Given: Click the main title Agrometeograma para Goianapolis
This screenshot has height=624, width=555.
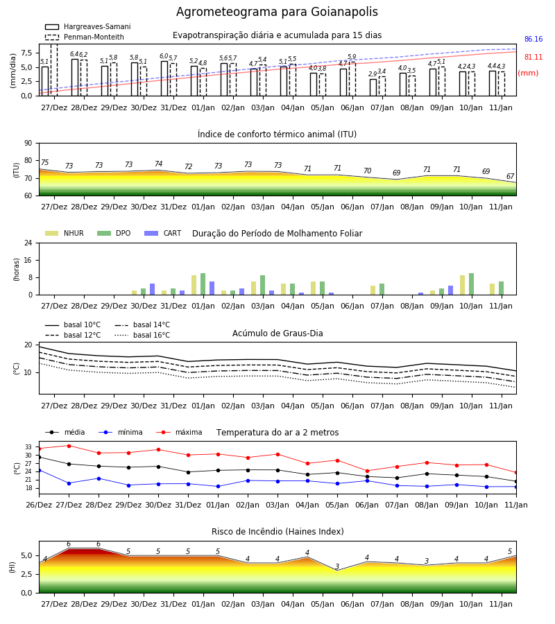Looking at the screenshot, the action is [x=277, y=12].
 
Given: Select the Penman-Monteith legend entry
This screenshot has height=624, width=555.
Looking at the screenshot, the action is [x=85, y=37].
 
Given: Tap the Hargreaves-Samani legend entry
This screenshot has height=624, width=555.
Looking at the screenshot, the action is [x=88, y=26].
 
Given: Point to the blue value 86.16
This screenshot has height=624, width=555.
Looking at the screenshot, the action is [x=533, y=39].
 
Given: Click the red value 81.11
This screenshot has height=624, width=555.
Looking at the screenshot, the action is [x=533, y=57].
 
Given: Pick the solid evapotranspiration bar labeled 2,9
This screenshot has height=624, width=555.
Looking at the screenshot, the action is [x=373, y=87].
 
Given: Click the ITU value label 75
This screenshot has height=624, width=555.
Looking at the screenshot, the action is [x=45, y=162].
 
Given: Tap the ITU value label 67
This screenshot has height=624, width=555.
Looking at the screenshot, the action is [x=510, y=176].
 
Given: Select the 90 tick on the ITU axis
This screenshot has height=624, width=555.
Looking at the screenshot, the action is [x=28, y=144].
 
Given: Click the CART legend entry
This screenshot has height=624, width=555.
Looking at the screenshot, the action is [x=163, y=233].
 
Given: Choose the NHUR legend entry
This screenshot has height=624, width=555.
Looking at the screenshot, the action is [x=65, y=233].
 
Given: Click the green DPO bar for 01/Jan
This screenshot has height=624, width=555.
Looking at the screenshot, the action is [x=203, y=284].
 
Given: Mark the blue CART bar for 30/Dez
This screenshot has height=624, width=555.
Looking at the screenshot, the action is [x=152, y=289].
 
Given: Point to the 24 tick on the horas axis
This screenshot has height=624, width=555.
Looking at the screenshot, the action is [x=28, y=243].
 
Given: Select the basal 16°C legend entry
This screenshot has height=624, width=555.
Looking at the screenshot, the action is [x=142, y=335].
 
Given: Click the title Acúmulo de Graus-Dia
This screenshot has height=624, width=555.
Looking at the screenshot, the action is [x=277, y=333].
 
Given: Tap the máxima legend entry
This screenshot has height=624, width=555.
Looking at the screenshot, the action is [x=180, y=432].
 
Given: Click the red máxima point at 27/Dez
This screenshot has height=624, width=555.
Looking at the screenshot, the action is [x=69, y=446].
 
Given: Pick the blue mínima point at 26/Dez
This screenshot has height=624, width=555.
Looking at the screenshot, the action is [x=39, y=470].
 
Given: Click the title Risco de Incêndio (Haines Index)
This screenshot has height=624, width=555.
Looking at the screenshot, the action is [x=277, y=532].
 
